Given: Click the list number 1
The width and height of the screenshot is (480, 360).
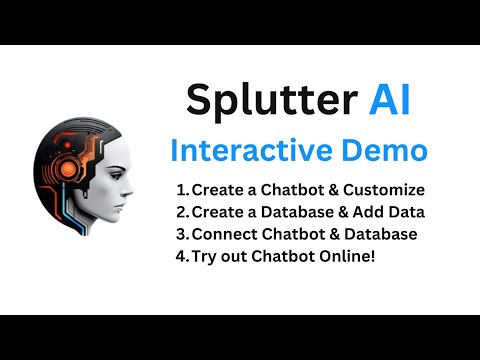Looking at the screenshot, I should pyautogui.click(x=181, y=190).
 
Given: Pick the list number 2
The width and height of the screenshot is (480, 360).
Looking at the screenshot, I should pyautogui.click(x=182, y=212).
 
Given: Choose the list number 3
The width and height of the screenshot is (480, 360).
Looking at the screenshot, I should pyautogui.click(x=182, y=234).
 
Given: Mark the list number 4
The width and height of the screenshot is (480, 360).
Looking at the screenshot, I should pyautogui.click(x=182, y=256).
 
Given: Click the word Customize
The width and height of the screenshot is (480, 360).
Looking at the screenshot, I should pyautogui.click(x=384, y=190).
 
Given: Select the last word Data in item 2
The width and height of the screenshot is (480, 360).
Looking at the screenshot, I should pyautogui.click(x=407, y=212).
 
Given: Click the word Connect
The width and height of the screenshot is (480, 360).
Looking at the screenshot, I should pyautogui.click(x=224, y=234).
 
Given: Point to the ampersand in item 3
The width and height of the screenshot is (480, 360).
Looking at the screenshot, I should pyautogui.click(x=329, y=234).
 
